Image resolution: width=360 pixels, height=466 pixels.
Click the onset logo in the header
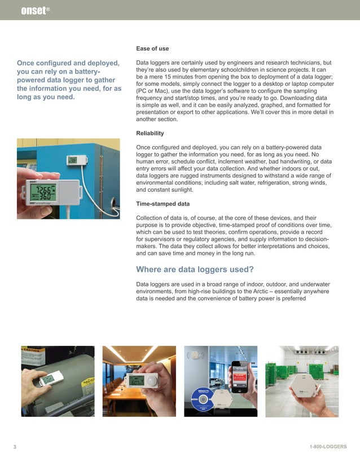33,10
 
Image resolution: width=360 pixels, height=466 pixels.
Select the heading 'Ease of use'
152,49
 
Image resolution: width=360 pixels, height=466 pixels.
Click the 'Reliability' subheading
150,133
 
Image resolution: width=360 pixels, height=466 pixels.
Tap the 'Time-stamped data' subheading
163,203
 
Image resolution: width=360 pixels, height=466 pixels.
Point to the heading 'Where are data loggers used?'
195,269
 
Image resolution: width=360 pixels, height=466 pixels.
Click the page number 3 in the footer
15,447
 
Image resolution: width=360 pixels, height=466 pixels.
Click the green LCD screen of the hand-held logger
43,191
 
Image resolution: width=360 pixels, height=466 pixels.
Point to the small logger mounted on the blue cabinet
73,160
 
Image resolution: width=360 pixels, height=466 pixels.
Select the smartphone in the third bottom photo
241,377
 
